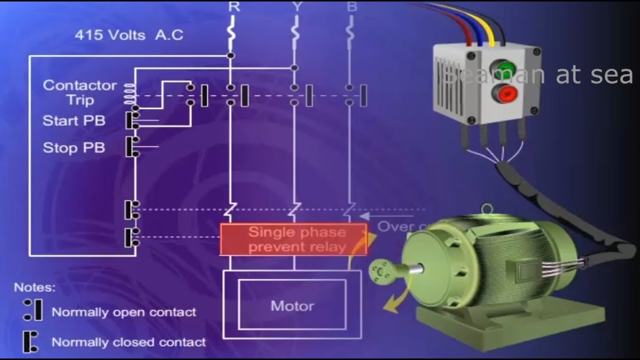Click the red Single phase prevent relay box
(294, 239)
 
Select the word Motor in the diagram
(292, 305)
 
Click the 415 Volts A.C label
(128, 35)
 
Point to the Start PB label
(74, 121)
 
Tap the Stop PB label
(74, 148)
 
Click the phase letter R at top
(233, 6)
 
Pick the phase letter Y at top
(296, 6)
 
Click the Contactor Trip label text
(79, 92)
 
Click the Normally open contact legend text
(123, 312)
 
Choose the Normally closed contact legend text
(128, 342)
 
